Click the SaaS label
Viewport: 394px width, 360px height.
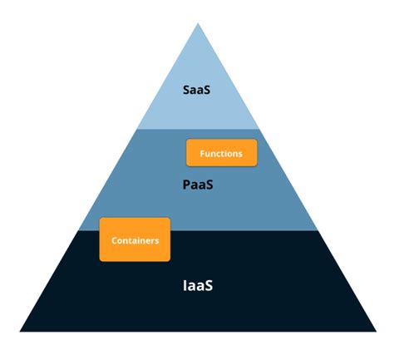(x=196, y=88)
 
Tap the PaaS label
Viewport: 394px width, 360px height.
(x=198, y=185)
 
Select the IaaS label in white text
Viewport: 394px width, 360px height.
(x=198, y=285)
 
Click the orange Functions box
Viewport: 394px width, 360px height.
(x=221, y=153)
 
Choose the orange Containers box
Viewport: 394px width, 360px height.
(x=135, y=239)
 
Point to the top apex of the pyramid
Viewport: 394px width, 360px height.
(x=198, y=22)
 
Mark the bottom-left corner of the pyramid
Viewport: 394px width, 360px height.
(x=20, y=332)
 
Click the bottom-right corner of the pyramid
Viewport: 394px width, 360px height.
(x=377, y=332)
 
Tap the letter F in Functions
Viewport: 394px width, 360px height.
(x=203, y=153)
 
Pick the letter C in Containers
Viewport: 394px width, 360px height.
(x=114, y=240)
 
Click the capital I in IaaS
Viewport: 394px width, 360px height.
(x=185, y=285)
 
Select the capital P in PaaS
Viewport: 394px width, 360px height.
(x=186, y=185)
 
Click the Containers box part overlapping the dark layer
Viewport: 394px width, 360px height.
(x=135, y=247)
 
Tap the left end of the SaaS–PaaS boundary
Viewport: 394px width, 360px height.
(x=137, y=129)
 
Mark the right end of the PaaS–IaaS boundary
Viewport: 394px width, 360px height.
(x=319, y=230)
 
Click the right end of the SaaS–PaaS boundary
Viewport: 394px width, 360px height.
(x=259, y=129)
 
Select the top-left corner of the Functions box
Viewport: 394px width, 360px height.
(x=187, y=140)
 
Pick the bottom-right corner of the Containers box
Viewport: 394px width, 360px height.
(x=170, y=261)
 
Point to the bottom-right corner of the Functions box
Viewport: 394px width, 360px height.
(x=257, y=166)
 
